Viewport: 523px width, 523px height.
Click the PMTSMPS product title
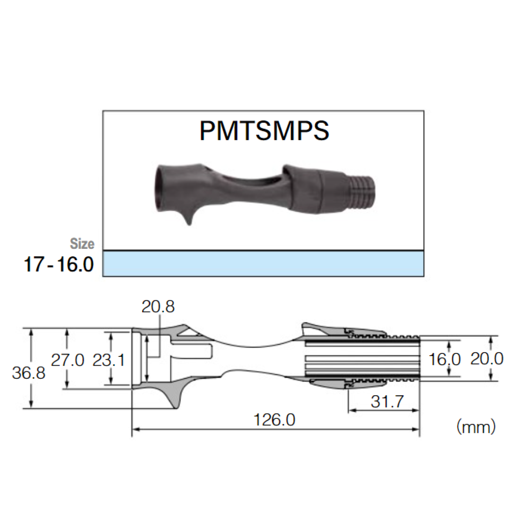264,130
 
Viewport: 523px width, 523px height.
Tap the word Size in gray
82,244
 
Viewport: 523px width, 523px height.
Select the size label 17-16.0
58,265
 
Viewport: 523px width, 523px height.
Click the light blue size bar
263,264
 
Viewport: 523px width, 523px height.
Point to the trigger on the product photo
187,217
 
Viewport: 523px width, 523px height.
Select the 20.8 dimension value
158,307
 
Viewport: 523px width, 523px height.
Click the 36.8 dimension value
28,373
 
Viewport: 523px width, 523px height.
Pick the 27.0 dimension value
67,360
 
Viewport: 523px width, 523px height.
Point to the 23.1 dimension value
109,360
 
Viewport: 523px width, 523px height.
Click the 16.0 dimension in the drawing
444,360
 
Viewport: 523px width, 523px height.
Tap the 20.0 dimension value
487,359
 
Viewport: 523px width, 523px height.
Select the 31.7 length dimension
387,401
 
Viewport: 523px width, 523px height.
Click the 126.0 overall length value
274,420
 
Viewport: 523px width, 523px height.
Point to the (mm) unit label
476,426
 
